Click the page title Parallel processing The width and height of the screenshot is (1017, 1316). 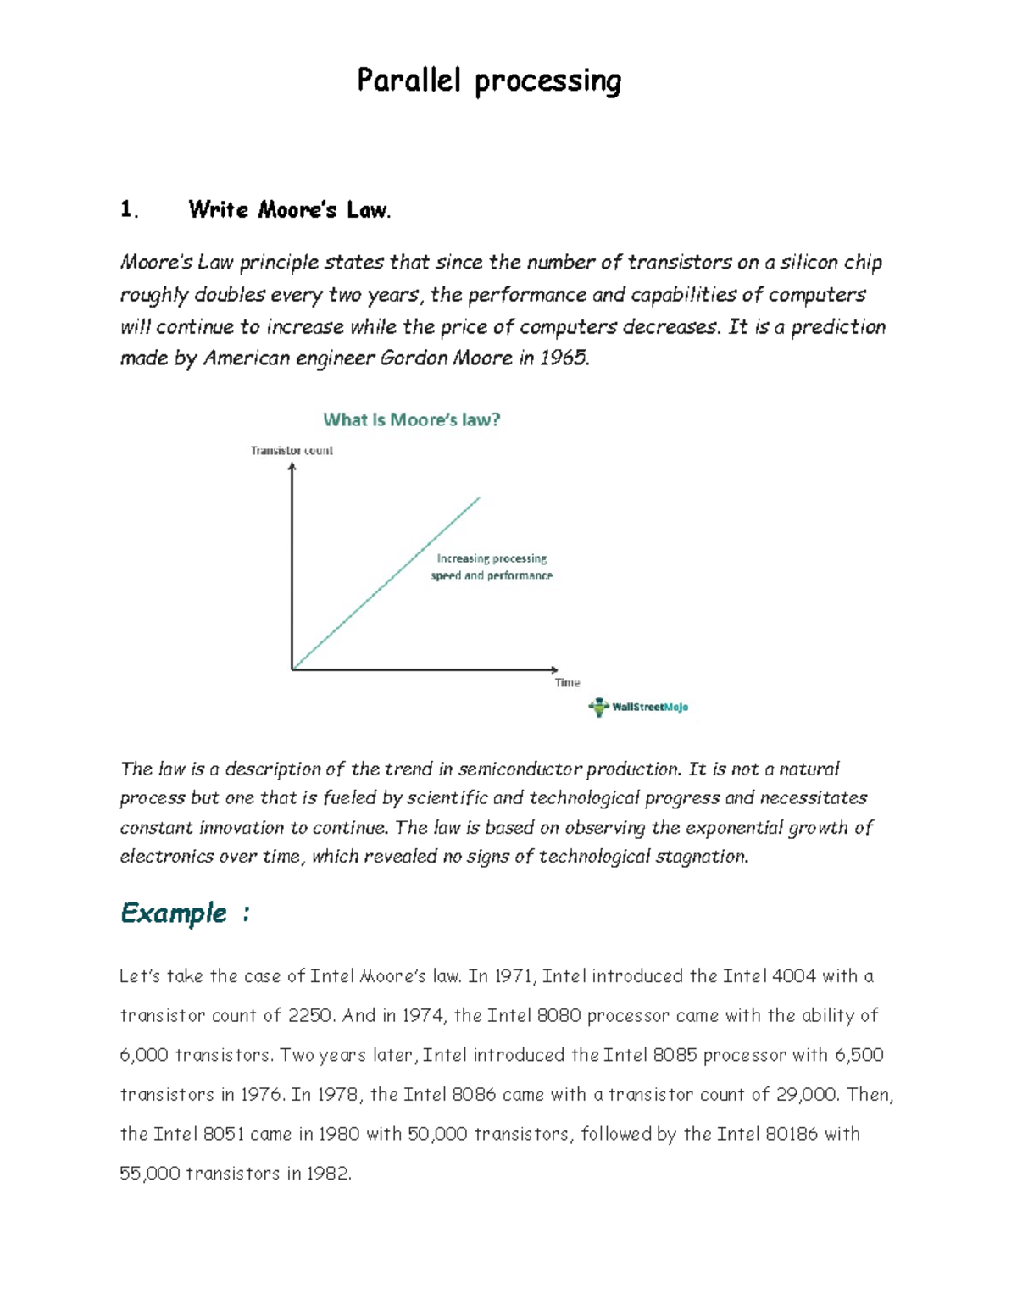click(489, 81)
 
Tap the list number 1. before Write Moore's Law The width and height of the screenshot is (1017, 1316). click(129, 209)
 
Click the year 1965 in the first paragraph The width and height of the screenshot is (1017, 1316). click(562, 358)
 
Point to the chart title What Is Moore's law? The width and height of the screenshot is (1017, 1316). click(412, 419)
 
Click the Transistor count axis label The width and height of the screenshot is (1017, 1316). click(292, 451)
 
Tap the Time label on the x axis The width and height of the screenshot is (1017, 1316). click(567, 683)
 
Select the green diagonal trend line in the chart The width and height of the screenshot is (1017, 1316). click(386, 583)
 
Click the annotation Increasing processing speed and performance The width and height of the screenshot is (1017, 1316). click(492, 567)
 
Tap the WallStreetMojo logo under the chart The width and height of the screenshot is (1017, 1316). click(638, 707)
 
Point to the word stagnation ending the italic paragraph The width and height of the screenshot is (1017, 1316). click(706, 857)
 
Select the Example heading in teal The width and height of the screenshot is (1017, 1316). click(174, 913)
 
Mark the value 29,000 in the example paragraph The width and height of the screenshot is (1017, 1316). click(806, 1095)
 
